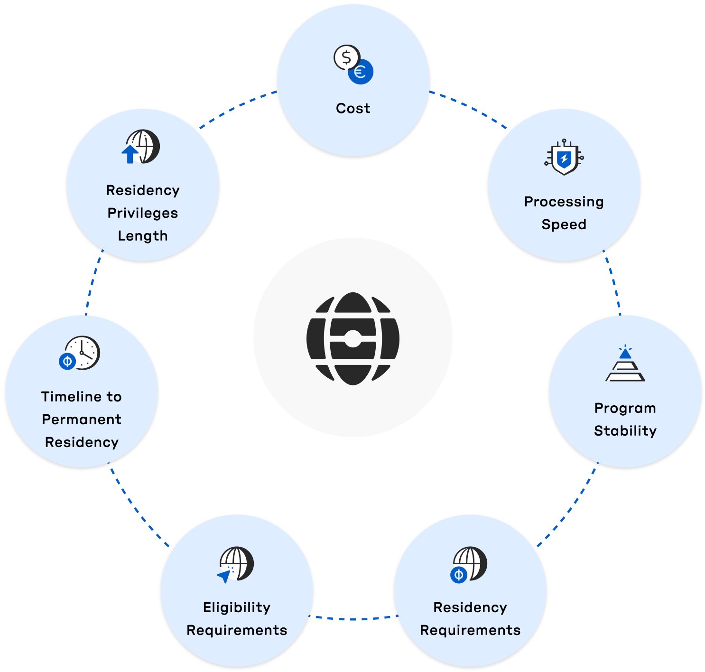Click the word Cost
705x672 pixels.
[x=353, y=109]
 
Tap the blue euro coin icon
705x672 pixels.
[x=361, y=72]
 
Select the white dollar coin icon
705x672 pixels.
[x=346, y=57]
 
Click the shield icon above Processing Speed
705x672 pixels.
[x=564, y=158]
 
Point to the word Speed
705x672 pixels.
[x=564, y=224]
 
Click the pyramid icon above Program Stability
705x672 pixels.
[x=625, y=365]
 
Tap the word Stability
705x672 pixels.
[x=625, y=431]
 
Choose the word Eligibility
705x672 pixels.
[x=237, y=607]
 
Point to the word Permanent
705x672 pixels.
[x=82, y=420]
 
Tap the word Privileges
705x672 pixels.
[x=143, y=213]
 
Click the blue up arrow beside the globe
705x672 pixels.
[x=130, y=154]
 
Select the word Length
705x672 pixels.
[x=143, y=236]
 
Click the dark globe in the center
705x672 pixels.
[x=353, y=337]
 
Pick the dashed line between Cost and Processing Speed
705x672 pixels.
[x=469, y=108]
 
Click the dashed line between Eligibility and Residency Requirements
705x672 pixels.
[x=353, y=618]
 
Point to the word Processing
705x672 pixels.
[x=564, y=202]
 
